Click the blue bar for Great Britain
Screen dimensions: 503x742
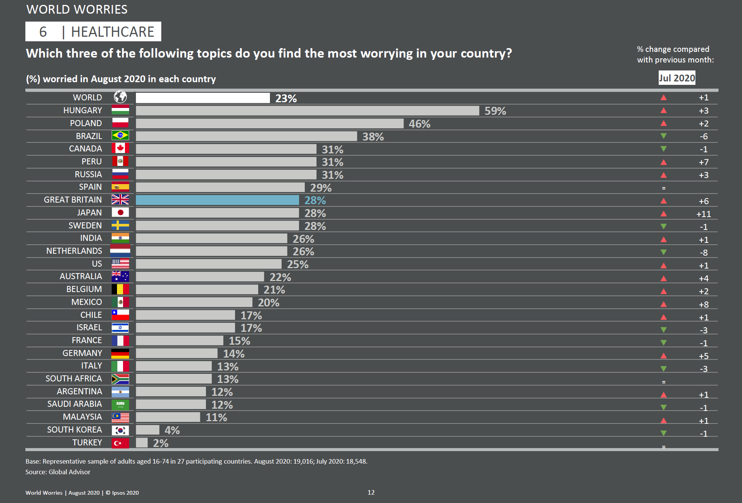(x=217, y=200)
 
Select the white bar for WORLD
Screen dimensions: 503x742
(x=203, y=98)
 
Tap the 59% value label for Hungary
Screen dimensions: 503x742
(x=495, y=111)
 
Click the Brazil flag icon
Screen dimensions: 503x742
(x=120, y=136)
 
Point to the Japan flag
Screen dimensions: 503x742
(x=120, y=212)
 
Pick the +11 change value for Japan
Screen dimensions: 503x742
(x=703, y=214)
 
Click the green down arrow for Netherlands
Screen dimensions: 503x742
(x=663, y=252)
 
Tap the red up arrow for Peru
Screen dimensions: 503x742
(x=663, y=162)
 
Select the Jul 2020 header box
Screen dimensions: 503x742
(x=677, y=78)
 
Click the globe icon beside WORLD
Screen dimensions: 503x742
(x=120, y=97)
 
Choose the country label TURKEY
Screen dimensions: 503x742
(x=87, y=442)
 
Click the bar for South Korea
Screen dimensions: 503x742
(x=148, y=430)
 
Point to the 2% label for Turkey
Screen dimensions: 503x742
(x=161, y=443)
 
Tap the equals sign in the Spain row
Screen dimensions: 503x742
(x=663, y=188)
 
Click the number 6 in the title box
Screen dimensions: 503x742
(x=43, y=32)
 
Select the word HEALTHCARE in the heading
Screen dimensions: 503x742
(x=112, y=32)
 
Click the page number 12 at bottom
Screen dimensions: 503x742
(x=371, y=492)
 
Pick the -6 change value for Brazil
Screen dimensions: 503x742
(x=703, y=137)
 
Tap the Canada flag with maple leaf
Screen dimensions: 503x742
(x=120, y=148)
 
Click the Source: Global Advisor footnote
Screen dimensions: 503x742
(x=58, y=472)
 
